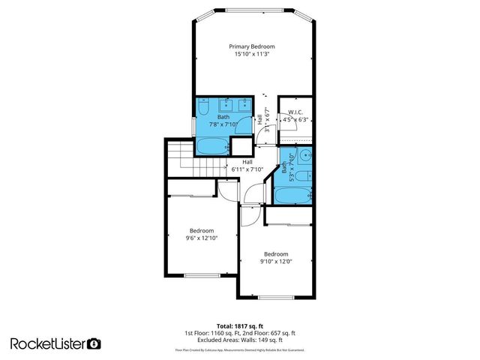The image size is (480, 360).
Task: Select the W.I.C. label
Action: tap(295, 112)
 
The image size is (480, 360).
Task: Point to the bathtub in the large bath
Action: tap(213, 145)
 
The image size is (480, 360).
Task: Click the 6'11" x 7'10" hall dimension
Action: tap(247, 169)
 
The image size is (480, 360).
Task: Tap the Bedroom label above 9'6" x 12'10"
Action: tap(201, 230)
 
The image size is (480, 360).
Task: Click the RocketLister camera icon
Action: tap(94, 343)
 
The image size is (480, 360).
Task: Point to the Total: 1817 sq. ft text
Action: tap(239, 325)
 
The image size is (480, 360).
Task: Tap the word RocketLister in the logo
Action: tap(48, 343)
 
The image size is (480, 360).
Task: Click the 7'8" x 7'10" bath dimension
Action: tap(223, 124)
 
